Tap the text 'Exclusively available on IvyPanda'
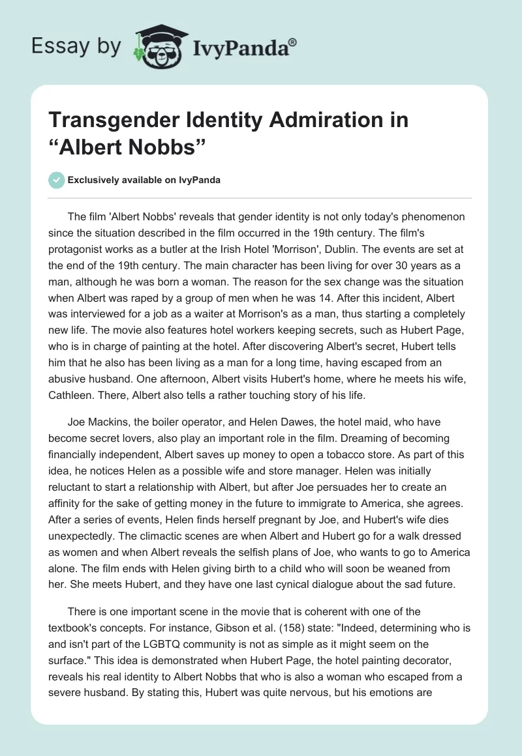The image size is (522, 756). (x=144, y=181)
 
